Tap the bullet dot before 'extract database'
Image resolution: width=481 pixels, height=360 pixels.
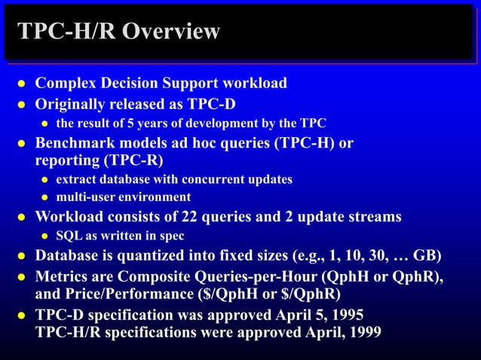45,180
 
